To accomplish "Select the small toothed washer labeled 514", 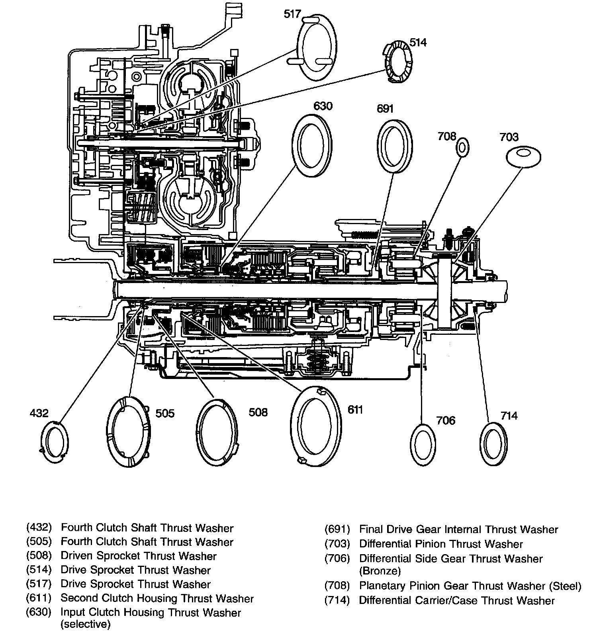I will coord(398,62).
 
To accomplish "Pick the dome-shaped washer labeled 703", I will coord(523,157).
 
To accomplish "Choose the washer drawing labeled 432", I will coord(55,443).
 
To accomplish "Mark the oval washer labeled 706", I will coord(423,445).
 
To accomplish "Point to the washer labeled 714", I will coord(494,444).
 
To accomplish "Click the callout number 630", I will coord(323,106).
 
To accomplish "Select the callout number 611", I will coord(354,409).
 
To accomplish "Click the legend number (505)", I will coord(39,542).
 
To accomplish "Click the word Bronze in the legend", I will coord(380,571).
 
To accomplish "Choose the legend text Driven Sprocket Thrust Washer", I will coord(139,556).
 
